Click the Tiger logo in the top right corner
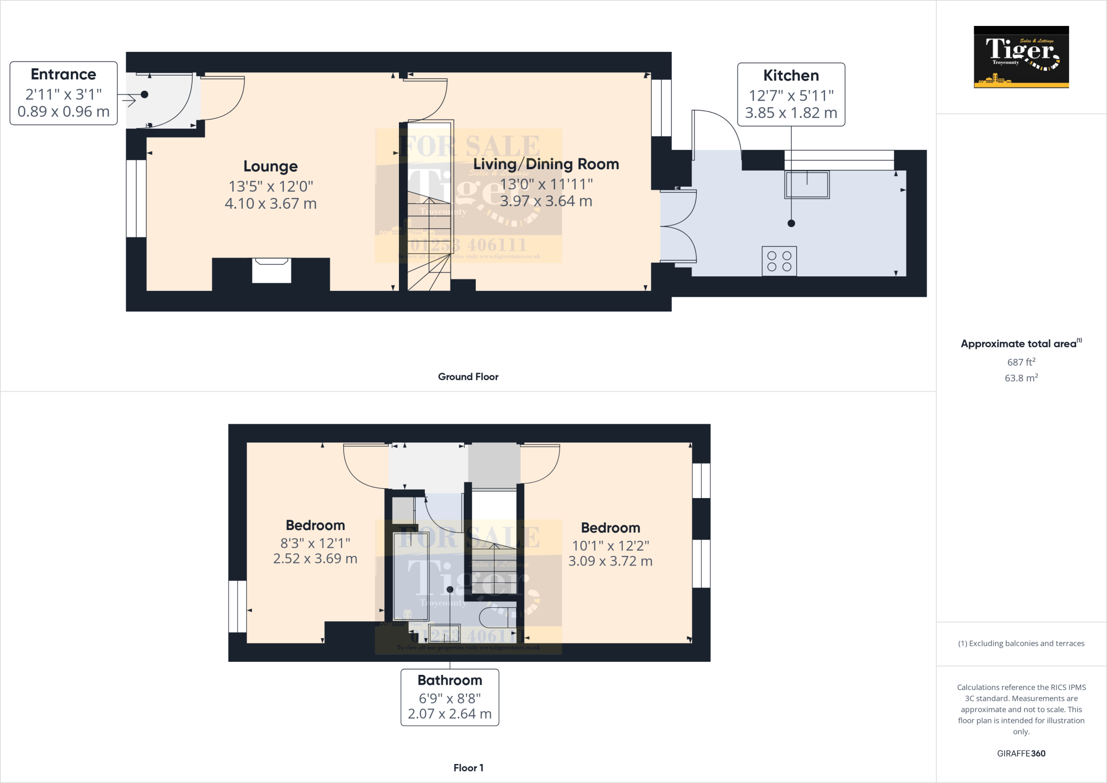tap(1021, 57)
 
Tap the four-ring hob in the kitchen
tap(779, 261)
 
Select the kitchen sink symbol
tap(807, 184)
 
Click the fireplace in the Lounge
tap(271, 270)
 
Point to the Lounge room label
tap(270, 167)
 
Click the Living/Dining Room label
tap(546, 164)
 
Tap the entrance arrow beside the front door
tap(129, 100)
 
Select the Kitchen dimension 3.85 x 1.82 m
tap(791, 113)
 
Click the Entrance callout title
tap(63, 74)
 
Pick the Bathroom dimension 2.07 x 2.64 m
tap(449, 714)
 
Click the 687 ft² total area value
tap(1021, 362)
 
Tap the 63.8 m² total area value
tap(1021, 378)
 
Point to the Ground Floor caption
tap(468, 377)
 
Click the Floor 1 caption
tap(468, 768)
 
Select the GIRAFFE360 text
tap(1021, 753)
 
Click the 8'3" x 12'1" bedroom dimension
tap(315, 543)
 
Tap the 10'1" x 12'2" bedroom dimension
tap(610, 546)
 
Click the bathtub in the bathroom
tap(411, 576)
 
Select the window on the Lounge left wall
tap(136, 198)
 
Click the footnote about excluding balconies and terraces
tap(1021, 643)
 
